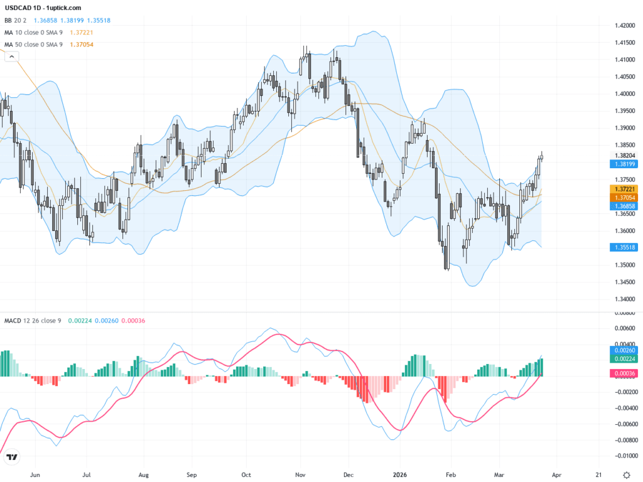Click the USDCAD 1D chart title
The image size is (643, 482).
[x=43, y=8]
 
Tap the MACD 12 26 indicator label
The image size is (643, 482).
[x=31, y=321]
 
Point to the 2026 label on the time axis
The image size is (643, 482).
[x=401, y=474]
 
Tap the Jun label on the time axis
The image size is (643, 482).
[x=36, y=474]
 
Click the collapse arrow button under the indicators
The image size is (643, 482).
[x=11, y=56]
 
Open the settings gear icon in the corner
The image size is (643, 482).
[x=626, y=474]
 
